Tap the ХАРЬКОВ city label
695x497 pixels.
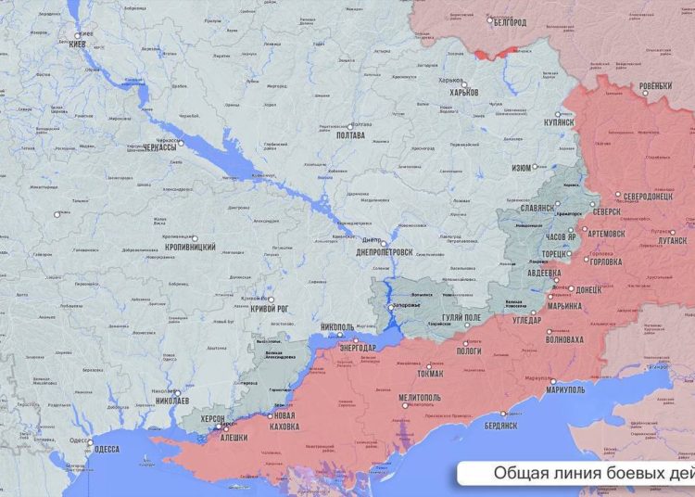tap(464, 92)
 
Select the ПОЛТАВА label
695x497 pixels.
tap(348, 135)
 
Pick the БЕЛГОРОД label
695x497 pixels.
tap(509, 22)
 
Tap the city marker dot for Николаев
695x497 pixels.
tap(177, 392)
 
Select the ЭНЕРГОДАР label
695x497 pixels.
tap(357, 348)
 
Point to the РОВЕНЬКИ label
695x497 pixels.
tap(655, 86)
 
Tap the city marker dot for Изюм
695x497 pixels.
tap(537, 168)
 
